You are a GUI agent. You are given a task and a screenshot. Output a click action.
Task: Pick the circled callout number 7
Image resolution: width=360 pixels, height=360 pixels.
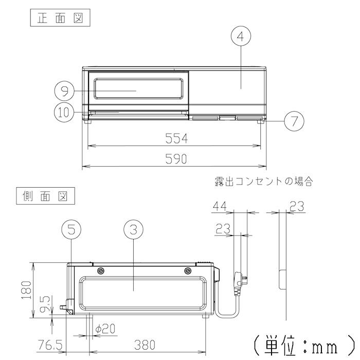pyautogui.click(x=294, y=122)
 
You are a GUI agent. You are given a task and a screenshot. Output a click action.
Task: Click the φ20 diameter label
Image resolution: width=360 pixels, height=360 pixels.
pyautogui.click(x=106, y=328)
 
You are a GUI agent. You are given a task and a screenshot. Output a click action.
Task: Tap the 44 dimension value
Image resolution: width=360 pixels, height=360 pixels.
pyautogui.click(x=220, y=206)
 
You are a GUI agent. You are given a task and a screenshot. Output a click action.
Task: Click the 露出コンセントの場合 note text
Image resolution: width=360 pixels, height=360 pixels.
pyautogui.click(x=264, y=181)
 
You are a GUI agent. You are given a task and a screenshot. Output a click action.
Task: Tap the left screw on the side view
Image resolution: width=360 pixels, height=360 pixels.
pyautogui.click(x=100, y=271)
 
